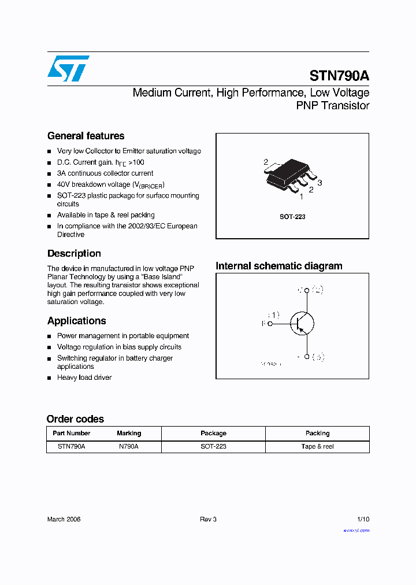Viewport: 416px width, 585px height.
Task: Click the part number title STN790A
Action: (339, 76)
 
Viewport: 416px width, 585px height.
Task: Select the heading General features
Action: (86, 136)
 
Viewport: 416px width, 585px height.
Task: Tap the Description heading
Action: (74, 253)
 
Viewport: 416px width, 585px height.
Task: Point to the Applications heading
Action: (76, 321)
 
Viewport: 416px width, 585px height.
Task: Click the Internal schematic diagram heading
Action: (278, 266)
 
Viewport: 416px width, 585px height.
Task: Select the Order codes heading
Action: (75, 419)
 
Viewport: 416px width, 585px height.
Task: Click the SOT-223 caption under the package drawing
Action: (292, 217)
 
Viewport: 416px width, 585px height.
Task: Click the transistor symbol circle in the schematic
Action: (301, 323)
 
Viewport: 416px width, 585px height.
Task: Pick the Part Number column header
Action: (71, 433)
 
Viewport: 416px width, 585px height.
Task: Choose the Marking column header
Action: (129, 433)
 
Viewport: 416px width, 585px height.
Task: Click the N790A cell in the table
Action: (129, 446)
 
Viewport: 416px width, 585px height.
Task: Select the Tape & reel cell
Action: (317, 446)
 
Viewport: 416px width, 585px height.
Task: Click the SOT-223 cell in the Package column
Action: (213, 446)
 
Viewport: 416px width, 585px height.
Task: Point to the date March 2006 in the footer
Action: (64, 519)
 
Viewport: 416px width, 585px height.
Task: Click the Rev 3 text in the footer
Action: (208, 519)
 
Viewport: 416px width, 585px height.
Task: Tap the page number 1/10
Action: (363, 519)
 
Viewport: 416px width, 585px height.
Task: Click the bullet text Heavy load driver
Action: (84, 377)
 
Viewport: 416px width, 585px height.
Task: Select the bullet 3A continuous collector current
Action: (105, 173)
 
